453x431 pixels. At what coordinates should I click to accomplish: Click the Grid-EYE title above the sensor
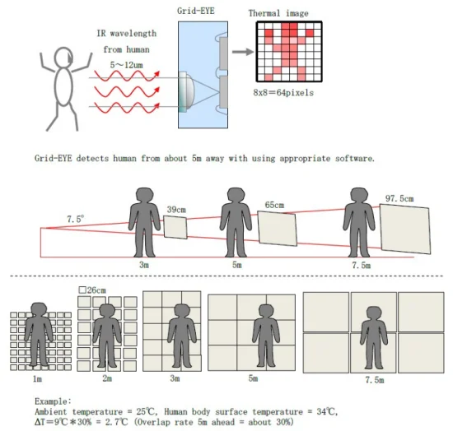(x=196, y=11)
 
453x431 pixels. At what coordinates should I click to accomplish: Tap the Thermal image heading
(x=278, y=13)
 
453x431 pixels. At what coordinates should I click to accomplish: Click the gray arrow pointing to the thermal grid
(x=243, y=52)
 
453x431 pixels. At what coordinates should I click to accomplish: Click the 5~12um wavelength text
(x=126, y=65)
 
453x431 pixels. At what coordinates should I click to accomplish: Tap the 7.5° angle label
(x=76, y=219)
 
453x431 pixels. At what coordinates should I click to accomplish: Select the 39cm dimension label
(x=176, y=210)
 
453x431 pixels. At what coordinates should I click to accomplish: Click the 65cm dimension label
(x=274, y=205)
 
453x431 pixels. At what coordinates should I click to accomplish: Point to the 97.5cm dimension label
(x=399, y=198)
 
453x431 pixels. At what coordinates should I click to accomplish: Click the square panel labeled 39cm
(x=175, y=227)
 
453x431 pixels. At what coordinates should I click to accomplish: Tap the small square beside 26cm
(x=82, y=290)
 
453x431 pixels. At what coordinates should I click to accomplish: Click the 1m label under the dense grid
(x=37, y=379)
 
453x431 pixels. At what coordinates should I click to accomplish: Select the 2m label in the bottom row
(x=107, y=378)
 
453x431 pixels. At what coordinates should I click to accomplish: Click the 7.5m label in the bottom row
(x=375, y=380)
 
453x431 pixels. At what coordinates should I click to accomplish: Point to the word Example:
(x=53, y=401)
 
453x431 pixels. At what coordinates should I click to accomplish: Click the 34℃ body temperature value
(x=327, y=411)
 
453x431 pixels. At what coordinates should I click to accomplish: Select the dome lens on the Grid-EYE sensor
(x=187, y=92)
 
